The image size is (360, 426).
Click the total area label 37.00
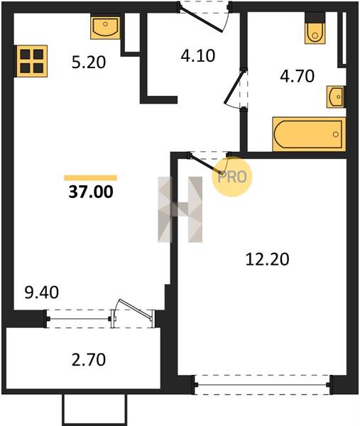click(x=91, y=192)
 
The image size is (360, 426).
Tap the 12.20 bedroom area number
click(x=267, y=259)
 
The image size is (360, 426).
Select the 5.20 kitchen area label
click(x=89, y=62)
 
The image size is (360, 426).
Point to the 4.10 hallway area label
click(x=198, y=55)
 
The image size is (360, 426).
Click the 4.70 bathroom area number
click(x=298, y=76)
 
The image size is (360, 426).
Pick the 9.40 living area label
click(x=42, y=293)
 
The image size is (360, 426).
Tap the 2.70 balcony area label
click(x=89, y=359)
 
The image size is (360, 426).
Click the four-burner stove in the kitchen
click(x=32, y=61)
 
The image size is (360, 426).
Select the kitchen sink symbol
click(x=105, y=28)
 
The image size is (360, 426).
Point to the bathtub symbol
click(x=309, y=134)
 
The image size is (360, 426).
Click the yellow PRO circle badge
click(x=231, y=177)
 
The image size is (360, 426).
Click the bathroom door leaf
click(x=234, y=87)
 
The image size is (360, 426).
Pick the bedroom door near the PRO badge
click(x=206, y=164)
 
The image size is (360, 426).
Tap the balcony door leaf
click(x=135, y=308)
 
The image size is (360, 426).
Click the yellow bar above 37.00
click(x=90, y=178)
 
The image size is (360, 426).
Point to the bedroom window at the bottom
click(x=262, y=385)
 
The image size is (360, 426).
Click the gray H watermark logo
click(x=180, y=209)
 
